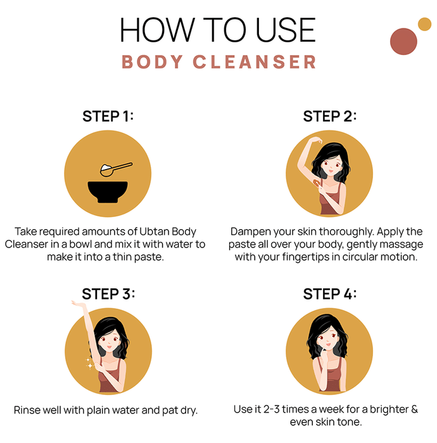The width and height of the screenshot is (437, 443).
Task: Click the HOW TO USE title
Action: [218, 30]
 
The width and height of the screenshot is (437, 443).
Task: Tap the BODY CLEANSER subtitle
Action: [218, 62]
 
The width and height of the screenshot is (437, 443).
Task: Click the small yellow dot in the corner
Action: [424, 24]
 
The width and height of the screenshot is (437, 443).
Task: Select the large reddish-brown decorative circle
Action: [403, 42]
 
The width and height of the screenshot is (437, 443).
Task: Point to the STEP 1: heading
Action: [108, 116]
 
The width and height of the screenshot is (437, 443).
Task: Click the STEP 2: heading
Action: [329, 116]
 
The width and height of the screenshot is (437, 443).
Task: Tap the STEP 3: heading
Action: [108, 294]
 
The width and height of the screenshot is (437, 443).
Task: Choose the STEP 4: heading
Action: [329, 294]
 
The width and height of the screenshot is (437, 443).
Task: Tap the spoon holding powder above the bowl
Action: [115, 169]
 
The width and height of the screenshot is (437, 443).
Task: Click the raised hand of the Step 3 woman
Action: [79, 304]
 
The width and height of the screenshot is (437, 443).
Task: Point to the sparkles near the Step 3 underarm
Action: [89, 363]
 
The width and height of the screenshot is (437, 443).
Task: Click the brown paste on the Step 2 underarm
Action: [317, 183]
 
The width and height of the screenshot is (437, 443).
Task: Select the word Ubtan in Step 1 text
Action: [155, 232]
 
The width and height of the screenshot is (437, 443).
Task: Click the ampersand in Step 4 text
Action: [414, 409]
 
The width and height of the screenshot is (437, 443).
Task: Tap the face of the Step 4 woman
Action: [328, 339]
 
